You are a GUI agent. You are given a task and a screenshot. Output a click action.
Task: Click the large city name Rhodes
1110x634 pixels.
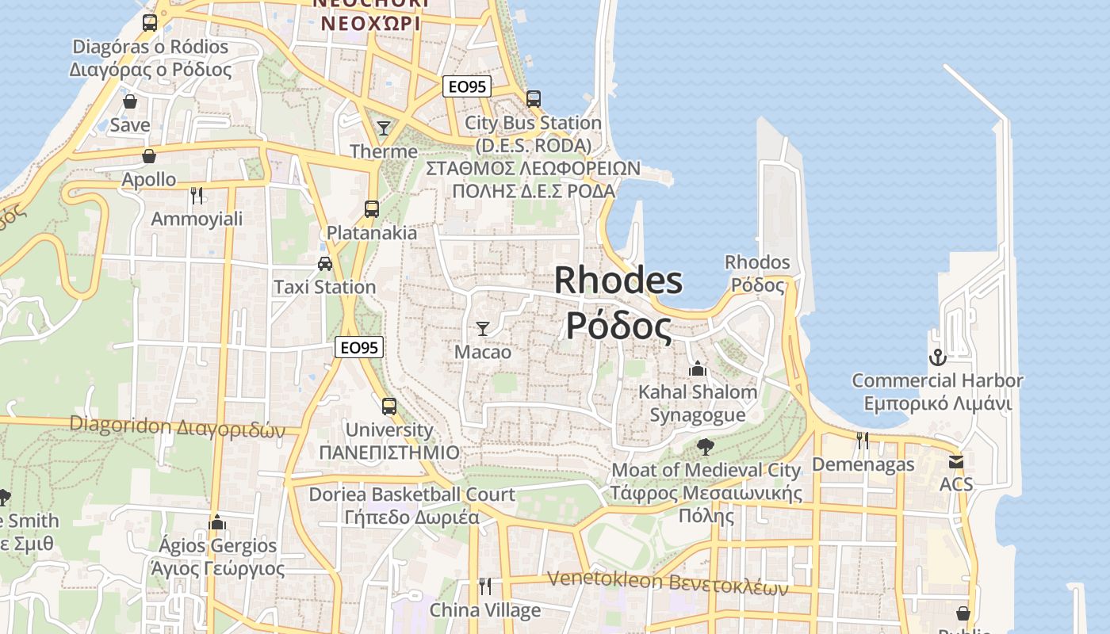(x=618, y=281)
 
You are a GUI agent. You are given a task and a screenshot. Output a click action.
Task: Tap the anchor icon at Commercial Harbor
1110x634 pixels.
(x=937, y=357)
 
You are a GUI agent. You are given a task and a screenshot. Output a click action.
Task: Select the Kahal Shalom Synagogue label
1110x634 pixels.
(x=698, y=403)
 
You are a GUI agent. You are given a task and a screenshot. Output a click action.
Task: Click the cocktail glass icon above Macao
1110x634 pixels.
(x=483, y=328)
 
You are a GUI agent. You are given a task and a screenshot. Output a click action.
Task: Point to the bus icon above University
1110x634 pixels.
(x=388, y=407)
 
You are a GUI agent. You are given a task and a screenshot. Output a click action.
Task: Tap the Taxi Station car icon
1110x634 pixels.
(x=325, y=264)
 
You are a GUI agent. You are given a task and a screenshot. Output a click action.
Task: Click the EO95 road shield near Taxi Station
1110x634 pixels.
(x=359, y=347)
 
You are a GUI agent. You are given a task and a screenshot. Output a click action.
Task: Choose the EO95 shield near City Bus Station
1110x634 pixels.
(x=466, y=87)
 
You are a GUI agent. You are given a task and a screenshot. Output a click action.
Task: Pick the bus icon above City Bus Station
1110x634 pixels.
(x=534, y=99)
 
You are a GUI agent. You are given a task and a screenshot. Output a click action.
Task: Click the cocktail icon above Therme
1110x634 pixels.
(x=384, y=128)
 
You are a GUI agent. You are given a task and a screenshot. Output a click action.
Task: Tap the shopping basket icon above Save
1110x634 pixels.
(x=130, y=102)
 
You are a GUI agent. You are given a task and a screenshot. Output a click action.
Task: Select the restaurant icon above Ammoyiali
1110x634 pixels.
(x=197, y=195)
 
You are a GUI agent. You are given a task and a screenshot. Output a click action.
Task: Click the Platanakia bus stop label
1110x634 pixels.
(x=372, y=233)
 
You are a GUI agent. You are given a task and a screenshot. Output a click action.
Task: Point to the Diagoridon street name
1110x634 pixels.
(x=177, y=426)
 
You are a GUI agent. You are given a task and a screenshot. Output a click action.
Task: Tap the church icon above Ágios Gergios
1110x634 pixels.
(x=217, y=522)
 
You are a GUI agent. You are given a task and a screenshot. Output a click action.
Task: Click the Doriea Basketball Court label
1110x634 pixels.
(x=411, y=495)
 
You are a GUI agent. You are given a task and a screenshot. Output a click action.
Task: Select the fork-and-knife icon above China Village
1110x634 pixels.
(x=485, y=586)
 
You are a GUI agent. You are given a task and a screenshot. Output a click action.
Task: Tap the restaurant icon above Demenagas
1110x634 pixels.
(x=863, y=441)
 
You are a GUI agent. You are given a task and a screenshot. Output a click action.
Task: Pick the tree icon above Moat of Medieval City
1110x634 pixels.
(x=705, y=447)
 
